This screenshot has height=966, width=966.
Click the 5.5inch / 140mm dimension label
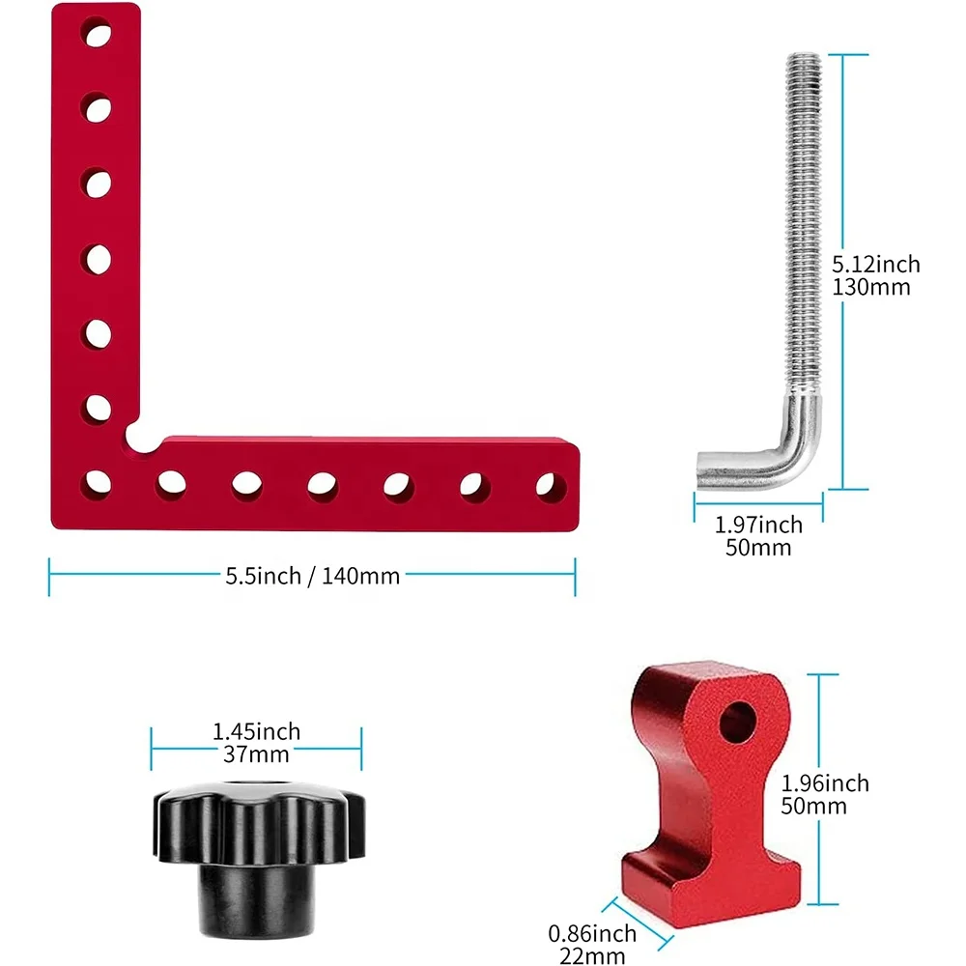(x=312, y=576)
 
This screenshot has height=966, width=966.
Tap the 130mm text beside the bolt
(x=871, y=287)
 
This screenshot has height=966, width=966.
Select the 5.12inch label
(x=876, y=265)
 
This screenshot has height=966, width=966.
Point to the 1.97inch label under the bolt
(x=758, y=525)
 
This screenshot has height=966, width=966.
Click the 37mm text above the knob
(x=256, y=754)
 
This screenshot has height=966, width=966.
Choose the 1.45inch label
(x=256, y=731)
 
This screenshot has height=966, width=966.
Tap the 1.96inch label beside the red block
(x=825, y=783)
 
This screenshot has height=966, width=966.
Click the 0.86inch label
(x=592, y=933)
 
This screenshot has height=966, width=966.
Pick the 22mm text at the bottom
(x=592, y=956)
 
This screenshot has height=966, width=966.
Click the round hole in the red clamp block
(x=737, y=722)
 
